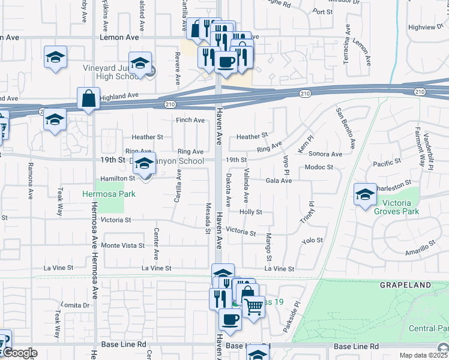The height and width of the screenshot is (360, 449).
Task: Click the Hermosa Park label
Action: coord(109,194)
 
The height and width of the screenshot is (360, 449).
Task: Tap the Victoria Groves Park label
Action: coord(396,206)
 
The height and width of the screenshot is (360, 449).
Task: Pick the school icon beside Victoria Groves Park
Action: coord(365,195)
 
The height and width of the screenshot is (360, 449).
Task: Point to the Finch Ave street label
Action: coord(190,120)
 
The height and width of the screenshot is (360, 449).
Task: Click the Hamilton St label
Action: coord(118,178)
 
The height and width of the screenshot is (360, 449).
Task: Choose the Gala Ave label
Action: coord(279,181)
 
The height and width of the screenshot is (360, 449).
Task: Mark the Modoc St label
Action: coord(318,167)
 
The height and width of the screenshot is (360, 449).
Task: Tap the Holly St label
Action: coord(251,212)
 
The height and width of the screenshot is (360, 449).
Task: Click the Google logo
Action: coord(19,353)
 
